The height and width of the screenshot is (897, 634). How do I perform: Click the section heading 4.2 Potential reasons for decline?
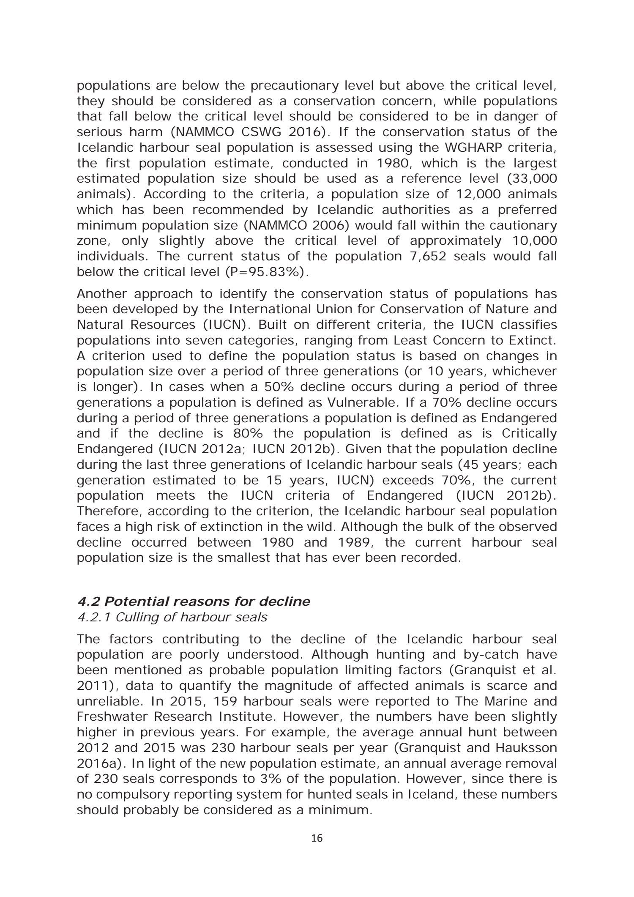(194, 602)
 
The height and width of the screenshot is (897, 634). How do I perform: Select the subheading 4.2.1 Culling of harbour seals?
(172, 617)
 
